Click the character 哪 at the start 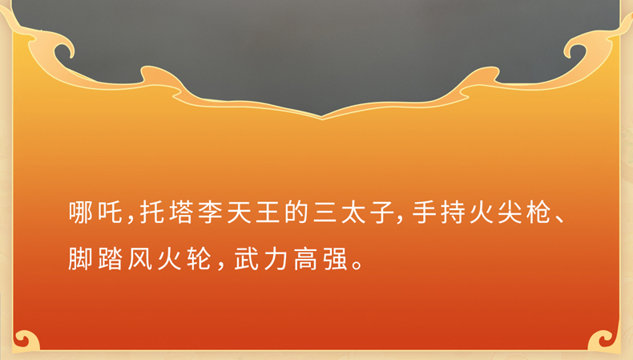coord(81,212)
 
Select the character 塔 coord(181,212)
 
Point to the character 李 coord(210,212)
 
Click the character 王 coord(268,212)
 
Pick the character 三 coord(325,212)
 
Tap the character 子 coord(382,212)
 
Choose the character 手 coord(424,212)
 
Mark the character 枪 coord(538,212)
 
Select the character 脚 coord(80,259)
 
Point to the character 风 coord(139,259)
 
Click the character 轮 coord(199,259)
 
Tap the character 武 coord(246,259)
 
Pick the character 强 coord(335,259)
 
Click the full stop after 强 coord(357,265)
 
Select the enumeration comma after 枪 coord(560,219)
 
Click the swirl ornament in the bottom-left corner coord(26,339)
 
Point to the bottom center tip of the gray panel coord(322,117)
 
